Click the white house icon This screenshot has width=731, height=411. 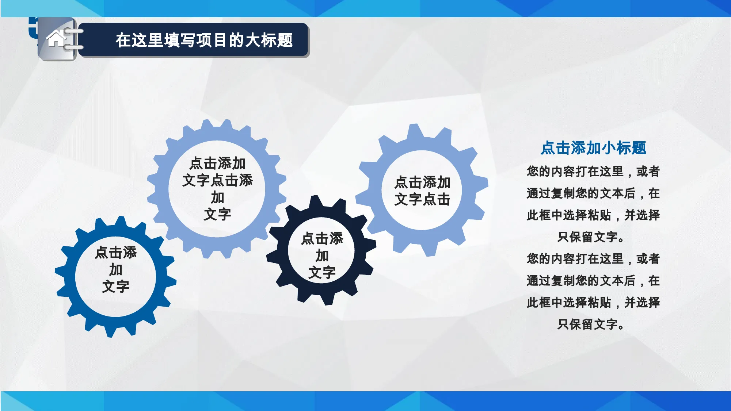[56, 38]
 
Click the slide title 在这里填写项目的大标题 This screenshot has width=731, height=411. [204, 40]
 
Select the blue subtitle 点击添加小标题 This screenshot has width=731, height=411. [593, 148]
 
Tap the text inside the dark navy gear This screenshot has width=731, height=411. [322, 256]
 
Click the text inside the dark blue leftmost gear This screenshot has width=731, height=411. [115, 269]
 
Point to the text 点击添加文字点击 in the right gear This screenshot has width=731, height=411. [422, 191]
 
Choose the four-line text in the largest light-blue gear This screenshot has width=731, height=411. [217, 188]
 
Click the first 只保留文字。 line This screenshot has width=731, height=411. [591, 237]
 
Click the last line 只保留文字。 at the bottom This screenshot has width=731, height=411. [591, 324]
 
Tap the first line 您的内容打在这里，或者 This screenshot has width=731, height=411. [593, 171]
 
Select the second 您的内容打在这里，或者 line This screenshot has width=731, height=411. [593, 259]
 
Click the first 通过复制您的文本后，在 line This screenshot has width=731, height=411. [593, 193]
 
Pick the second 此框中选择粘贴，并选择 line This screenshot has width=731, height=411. [593, 302]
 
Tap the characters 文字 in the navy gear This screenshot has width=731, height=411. [322, 272]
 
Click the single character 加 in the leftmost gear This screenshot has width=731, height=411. [115, 269]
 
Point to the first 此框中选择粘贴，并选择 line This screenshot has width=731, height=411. [593, 215]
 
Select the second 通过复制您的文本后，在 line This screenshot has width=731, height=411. [593, 281]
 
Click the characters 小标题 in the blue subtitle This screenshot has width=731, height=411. [624, 148]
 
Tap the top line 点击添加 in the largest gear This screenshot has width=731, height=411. [217, 163]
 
